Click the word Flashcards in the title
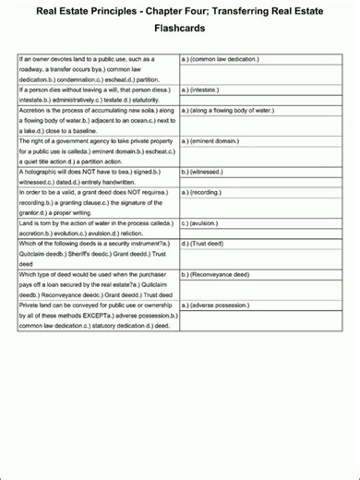(179, 29)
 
